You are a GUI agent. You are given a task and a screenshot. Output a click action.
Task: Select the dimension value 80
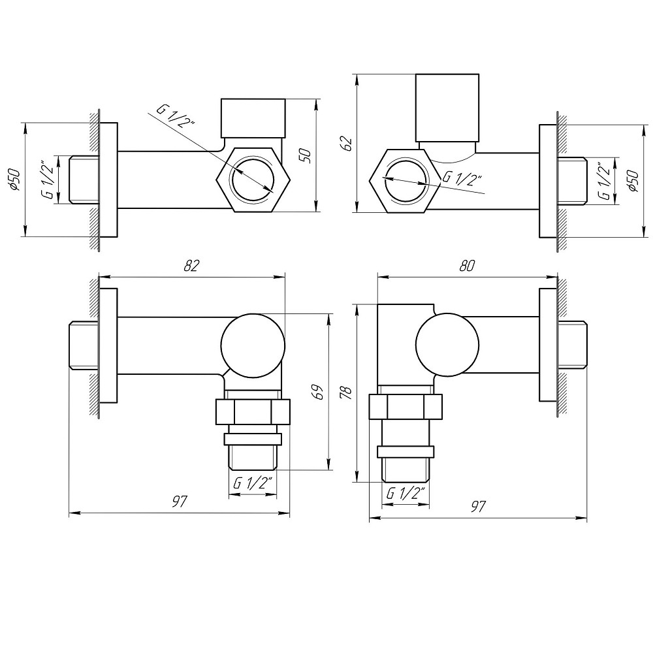pos(466,265)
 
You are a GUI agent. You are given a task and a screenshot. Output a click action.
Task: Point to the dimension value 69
pos(317,392)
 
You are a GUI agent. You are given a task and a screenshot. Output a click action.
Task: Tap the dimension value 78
pos(346,392)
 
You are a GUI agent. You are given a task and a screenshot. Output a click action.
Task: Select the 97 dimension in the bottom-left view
pos(180,502)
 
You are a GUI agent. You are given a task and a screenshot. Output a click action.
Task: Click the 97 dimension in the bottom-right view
pos(479,507)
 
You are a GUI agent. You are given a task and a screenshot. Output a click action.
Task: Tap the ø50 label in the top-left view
pos(14,179)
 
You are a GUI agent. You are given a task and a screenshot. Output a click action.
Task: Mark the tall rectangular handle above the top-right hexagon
pos(449,108)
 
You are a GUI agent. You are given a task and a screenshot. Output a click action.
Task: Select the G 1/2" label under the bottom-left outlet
pos(252,483)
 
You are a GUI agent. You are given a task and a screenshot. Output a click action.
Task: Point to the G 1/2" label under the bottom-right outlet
pos(406,493)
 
